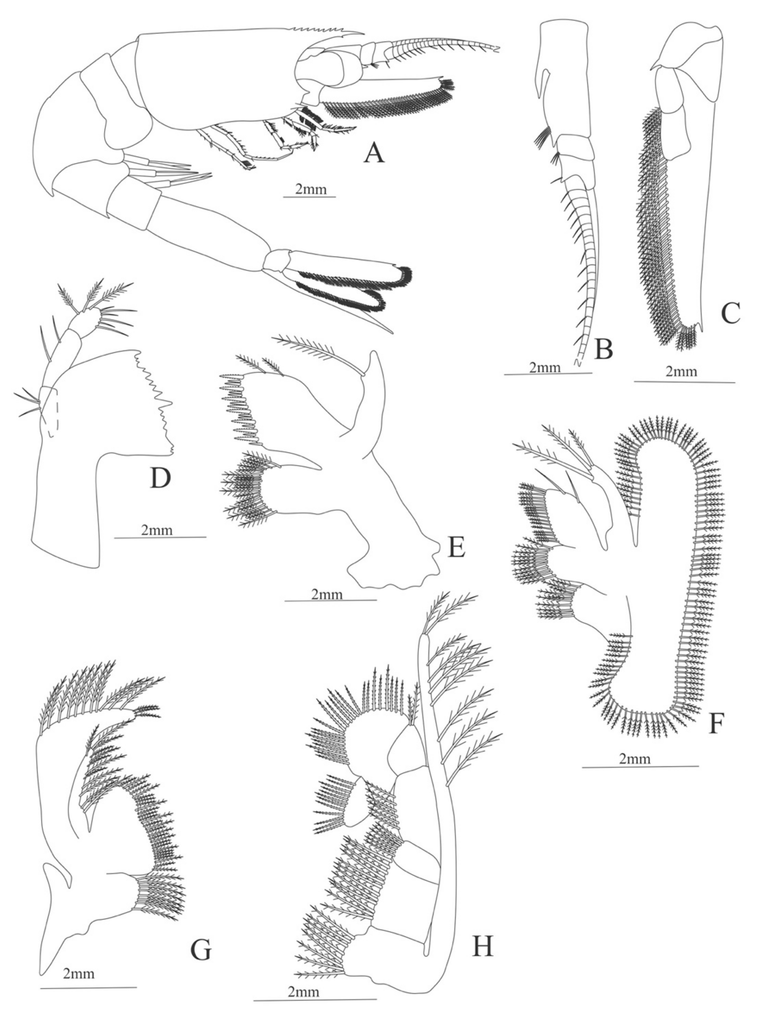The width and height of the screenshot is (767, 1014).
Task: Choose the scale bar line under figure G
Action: pyautogui.click(x=88, y=996)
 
